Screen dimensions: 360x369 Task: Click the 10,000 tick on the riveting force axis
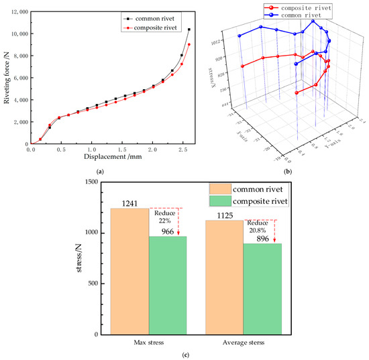tap(18, 34)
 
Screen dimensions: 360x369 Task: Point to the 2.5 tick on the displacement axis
tap(182, 150)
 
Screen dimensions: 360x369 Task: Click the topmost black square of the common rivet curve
tap(189, 29)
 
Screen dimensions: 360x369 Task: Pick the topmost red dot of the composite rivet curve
tap(189, 44)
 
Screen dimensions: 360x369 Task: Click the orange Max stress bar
tap(130, 271)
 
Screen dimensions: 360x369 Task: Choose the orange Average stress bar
tap(225, 277)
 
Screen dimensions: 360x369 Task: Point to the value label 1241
tap(130, 202)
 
